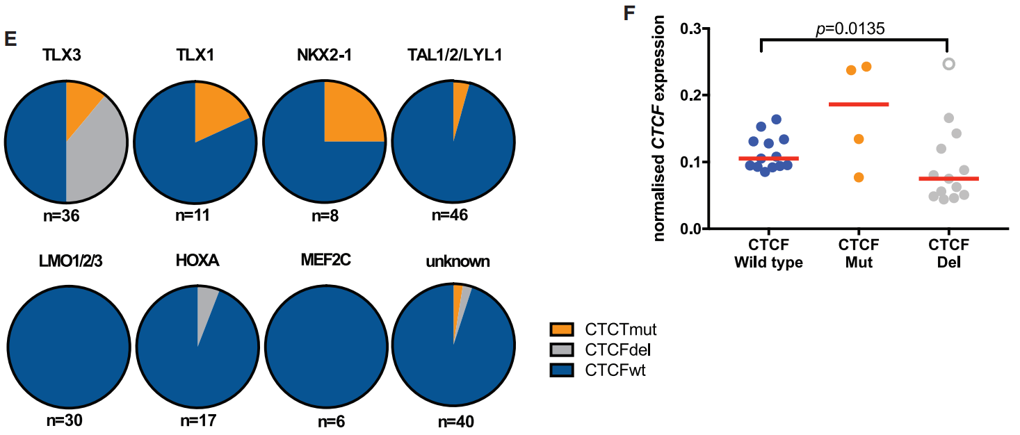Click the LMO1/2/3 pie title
[x=67, y=262]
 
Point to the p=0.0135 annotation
[x=853, y=28]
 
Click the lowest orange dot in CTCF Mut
[x=859, y=177]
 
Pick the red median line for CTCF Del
[x=948, y=179]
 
